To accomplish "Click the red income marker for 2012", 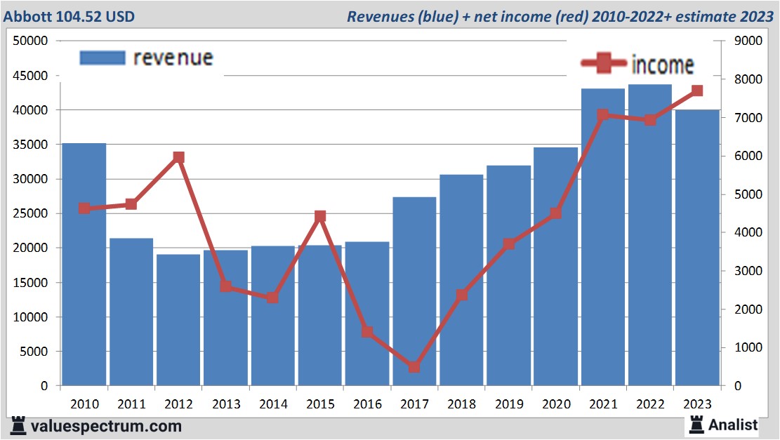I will pyautogui.click(x=178, y=158).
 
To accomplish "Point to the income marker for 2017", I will pyautogui.click(x=414, y=367).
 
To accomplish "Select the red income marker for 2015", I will pyautogui.click(x=320, y=216).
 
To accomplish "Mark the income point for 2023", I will pyautogui.click(x=696, y=91).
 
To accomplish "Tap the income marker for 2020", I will pyautogui.click(x=555, y=213).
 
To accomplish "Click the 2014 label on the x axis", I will pyautogui.click(x=273, y=404).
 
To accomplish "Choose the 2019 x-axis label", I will pyautogui.click(x=508, y=404).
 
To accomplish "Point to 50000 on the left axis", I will pyautogui.click(x=30, y=41).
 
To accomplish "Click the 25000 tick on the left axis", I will pyautogui.click(x=30, y=214).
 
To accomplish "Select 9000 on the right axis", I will pyautogui.click(x=747, y=41).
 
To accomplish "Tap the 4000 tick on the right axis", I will pyautogui.click(x=747, y=233).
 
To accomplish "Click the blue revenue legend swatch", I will pyautogui.click(x=103, y=58).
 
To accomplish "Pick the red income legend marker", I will pyautogui.click(x=603, y=65).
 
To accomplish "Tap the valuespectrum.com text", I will pyautogui.click(x=105, y=425).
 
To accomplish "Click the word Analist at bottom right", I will pyautogui.click(x=733, y=425).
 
